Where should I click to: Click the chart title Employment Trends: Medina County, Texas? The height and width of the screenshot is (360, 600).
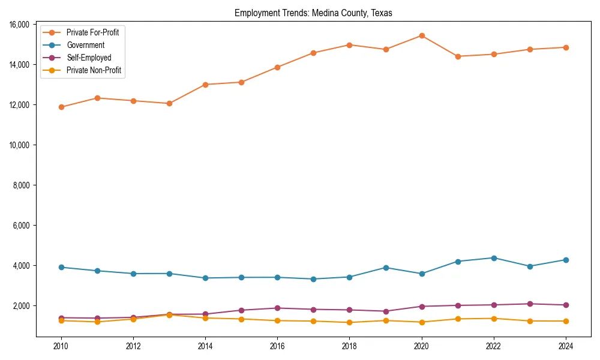313,13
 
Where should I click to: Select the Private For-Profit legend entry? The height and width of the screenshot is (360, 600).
92,32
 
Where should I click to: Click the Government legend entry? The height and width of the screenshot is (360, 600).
85,45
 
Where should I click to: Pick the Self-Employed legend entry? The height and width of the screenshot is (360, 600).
89,58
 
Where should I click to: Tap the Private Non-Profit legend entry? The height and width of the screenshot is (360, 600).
94,70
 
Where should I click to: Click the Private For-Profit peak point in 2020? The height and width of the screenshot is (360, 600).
422,36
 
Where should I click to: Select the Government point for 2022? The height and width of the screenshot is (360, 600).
494,258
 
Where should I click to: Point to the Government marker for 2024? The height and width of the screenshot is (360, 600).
566,260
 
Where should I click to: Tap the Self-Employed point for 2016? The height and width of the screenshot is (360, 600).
277,308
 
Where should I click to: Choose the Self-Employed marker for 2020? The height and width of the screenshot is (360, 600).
422,307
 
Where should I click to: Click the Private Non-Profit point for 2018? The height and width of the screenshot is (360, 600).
350,322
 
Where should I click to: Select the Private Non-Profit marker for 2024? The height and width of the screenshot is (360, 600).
566,321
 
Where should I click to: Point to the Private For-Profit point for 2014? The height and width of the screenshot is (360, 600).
205,85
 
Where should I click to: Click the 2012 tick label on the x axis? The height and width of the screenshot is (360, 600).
133,346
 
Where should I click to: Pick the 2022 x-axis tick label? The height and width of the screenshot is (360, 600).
494,346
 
